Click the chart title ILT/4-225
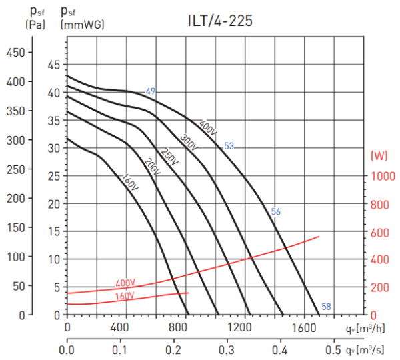219,21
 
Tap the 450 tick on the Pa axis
17,52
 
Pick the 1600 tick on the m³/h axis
303,328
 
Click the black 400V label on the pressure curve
208,127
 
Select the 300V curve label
190,143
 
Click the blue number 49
151,91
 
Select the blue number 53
229,146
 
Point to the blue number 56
276,212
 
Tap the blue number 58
326,307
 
